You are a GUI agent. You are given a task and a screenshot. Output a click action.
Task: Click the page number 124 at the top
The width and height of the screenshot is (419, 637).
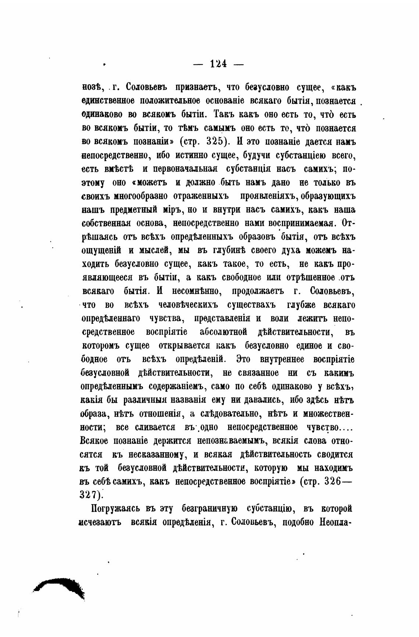(x=218, y=64)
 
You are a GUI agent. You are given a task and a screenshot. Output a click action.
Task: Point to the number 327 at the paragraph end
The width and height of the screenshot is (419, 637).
(x=89, y=495)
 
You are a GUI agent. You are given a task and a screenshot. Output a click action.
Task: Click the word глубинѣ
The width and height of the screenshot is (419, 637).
(x=227, y=250)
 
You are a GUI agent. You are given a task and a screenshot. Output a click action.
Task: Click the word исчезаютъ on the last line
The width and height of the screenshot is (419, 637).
(x=100, y=523)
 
